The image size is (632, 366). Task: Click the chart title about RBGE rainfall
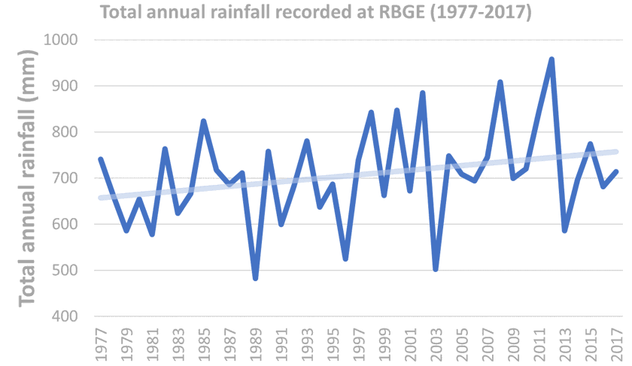(315, 13)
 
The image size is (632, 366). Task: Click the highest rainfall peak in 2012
(551, 59)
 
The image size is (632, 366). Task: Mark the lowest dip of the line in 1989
(255, 278)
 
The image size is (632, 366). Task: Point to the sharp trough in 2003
(436, 268)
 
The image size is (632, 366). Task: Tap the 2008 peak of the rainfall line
(500, 82)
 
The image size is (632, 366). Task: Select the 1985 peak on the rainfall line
(203, 121)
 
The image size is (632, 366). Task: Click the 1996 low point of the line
(345, 259)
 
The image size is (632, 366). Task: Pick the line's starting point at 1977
(100, 159)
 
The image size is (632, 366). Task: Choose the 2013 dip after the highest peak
(564, 230)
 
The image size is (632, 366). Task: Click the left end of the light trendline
(101, 198)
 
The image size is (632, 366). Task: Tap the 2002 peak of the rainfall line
(423, 93)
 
